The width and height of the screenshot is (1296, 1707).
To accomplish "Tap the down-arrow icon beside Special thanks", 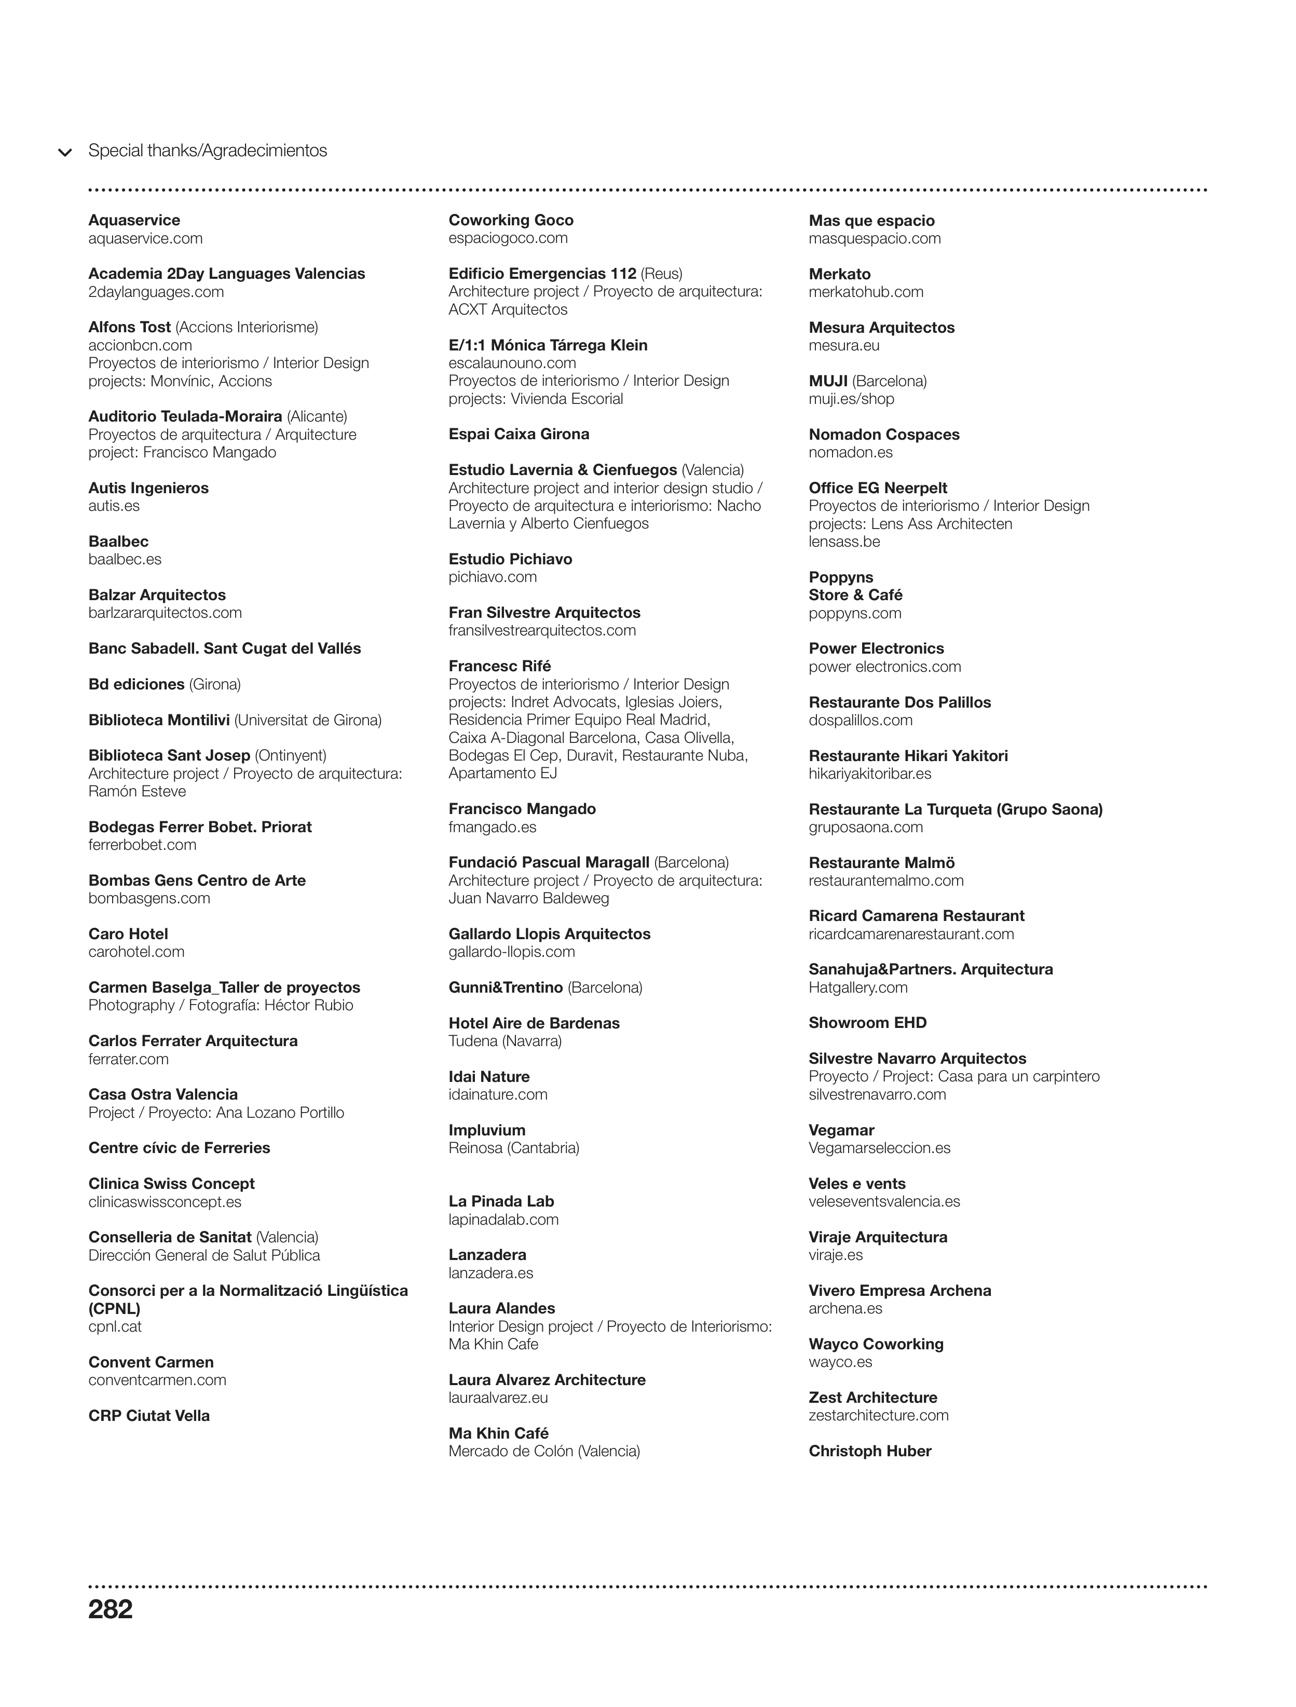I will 65,152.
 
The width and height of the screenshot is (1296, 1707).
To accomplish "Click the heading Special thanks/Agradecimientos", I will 208,151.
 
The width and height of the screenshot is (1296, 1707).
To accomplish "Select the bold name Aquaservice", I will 134,221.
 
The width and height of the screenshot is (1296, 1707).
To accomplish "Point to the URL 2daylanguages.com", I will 156,292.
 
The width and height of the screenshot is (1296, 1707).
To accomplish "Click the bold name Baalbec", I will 118,541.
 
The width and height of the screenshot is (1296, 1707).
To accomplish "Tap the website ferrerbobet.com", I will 142,845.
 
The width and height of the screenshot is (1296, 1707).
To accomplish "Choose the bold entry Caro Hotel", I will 128,934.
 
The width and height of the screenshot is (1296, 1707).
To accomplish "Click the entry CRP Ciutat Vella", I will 149,1416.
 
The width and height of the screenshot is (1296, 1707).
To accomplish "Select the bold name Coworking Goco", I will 511,221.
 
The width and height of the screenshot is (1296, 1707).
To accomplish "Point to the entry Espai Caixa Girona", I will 519,435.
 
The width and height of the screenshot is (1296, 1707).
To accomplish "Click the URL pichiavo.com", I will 492,577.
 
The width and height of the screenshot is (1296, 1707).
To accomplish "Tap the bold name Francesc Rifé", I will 499,666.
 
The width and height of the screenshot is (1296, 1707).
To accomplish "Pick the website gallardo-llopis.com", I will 511,952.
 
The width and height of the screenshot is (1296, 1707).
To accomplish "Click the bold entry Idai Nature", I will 489,1077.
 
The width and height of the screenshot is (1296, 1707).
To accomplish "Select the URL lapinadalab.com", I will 503,1220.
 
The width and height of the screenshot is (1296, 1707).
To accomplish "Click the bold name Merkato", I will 839,274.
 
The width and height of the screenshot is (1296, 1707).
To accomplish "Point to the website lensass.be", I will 844,541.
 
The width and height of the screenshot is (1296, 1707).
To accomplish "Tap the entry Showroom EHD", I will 867,1023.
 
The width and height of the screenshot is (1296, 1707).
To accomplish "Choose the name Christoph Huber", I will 869,1451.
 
